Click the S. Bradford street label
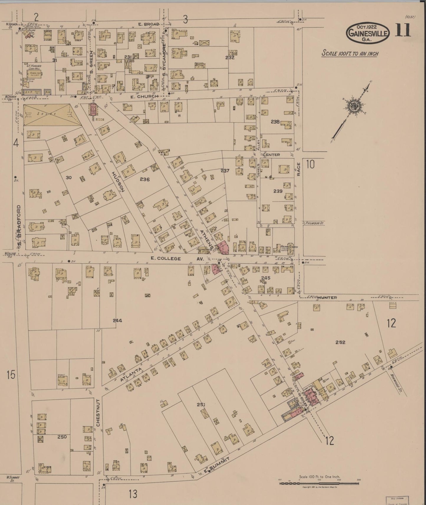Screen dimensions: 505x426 pyautogui.click(x=19, y=226)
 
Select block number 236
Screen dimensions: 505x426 pyautogui.click(x=145, y=179)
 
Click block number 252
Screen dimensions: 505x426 pyautogui.click(x=340, y=342)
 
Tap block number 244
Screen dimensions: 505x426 pyautogui.click(x=117, y=321)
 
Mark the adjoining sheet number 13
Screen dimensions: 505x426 pyautogui.click(x=133, y=494)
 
